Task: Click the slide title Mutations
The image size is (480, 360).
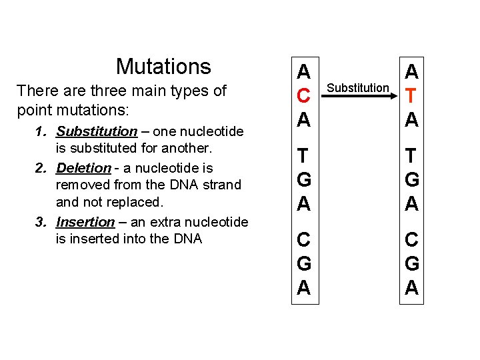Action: click(x=163, y=67)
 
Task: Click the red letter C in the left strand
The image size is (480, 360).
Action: click(x=303, y=96)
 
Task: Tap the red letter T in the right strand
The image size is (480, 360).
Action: click(x=412, y=96)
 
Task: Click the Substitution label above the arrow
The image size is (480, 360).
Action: click(x=359, y=88)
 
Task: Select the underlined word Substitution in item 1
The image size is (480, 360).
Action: click(x=97, y=131)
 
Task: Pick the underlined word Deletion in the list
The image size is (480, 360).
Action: click(x=83, y=168)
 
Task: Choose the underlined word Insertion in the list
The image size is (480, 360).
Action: click(x=85, y=222)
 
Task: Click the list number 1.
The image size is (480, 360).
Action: click(x=41, y=132)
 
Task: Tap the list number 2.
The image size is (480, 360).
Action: click(x=41, y=168)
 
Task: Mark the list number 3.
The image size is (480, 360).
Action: click(x=41, y=222)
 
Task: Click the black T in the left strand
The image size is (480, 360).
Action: click(x=303, y=155)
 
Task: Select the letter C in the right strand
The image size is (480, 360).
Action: click(x=412, y=239)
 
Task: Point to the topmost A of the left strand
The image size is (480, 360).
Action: click(x=303, y=72)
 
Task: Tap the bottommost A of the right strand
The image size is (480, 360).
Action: click(x=412, y=287)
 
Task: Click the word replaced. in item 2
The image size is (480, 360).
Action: click(x=138, y=201)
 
